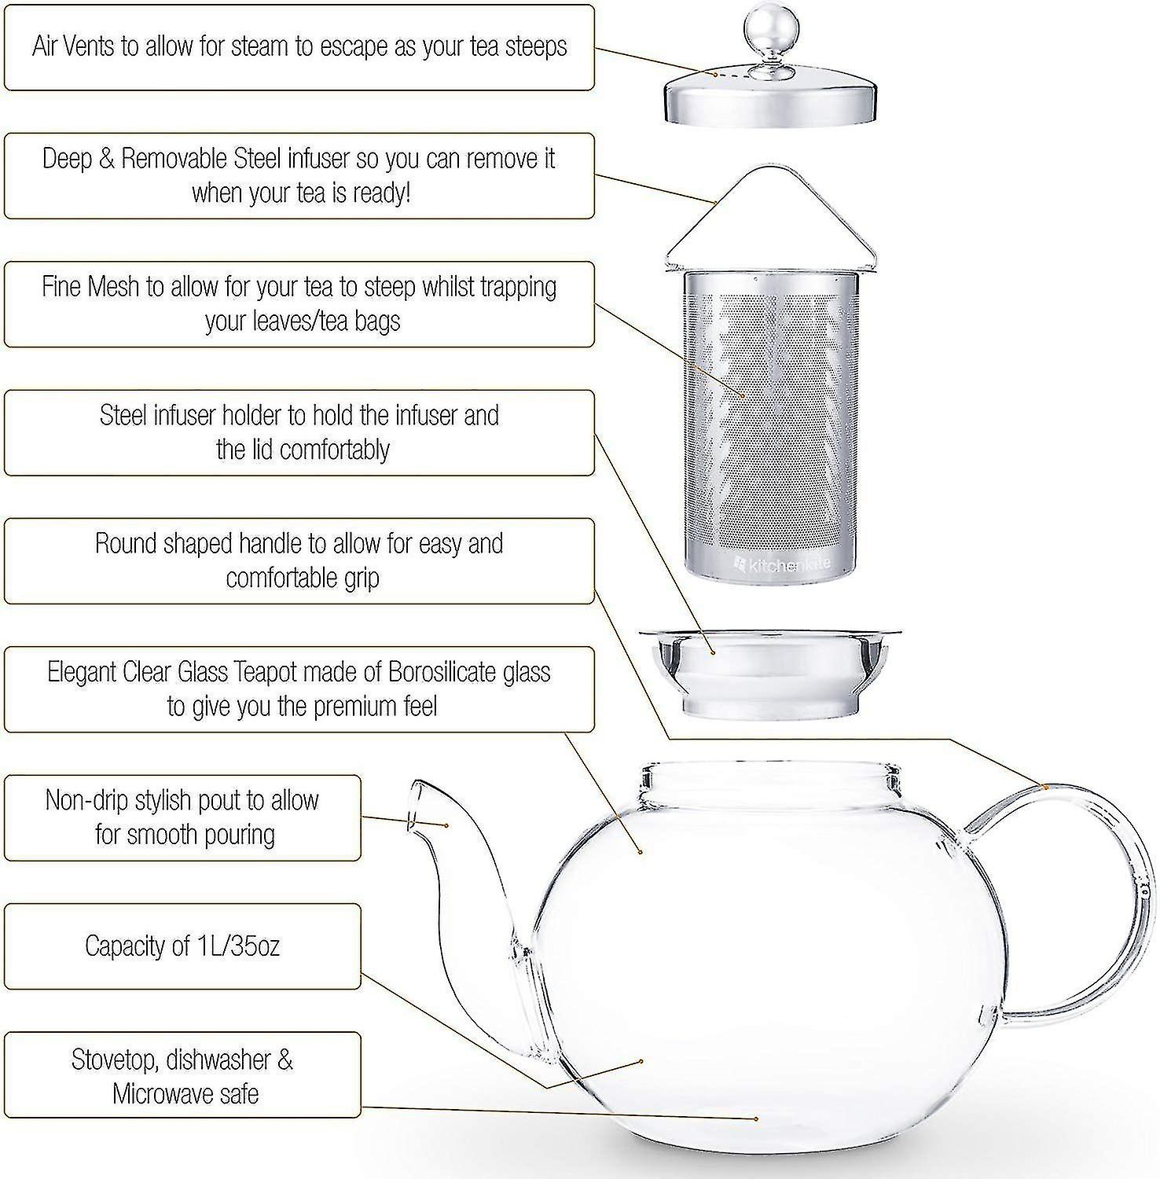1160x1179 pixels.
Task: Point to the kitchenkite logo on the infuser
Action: (781, 564)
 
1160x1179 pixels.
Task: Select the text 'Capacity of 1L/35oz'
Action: (182, 946)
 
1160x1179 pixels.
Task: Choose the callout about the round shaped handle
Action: (299, 561)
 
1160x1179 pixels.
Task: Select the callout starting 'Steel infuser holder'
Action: (299, 433)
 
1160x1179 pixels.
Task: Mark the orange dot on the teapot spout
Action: (446, 825)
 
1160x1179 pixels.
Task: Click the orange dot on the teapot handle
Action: (1047, 786)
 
